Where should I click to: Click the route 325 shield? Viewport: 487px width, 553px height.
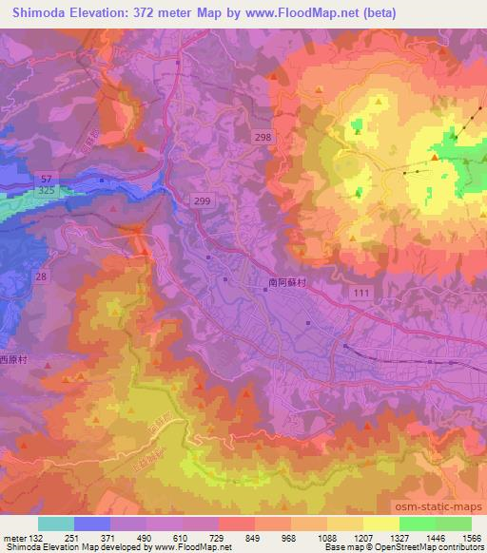(x=46, y=191)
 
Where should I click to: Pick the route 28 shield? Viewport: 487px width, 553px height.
(x=41, y=276)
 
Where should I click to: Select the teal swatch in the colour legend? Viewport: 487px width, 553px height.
(x=56, y=524)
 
